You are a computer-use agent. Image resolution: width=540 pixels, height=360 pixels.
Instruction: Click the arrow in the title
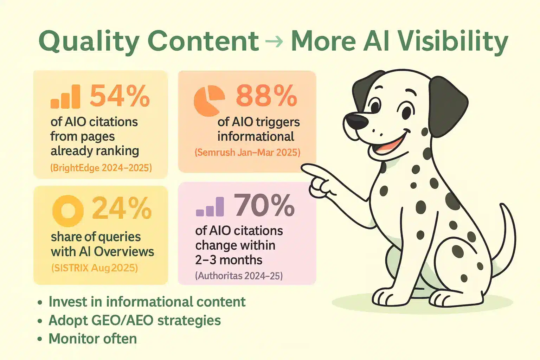(274, 41)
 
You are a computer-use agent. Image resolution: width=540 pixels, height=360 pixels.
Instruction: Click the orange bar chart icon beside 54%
(65, 96)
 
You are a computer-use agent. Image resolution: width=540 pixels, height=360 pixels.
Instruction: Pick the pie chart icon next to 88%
(209, 100)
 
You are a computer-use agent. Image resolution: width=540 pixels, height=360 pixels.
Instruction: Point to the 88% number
(266, 96)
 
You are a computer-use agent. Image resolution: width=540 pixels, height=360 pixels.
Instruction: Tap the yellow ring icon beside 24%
(68, 211)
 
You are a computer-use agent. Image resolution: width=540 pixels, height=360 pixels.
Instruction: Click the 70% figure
(264, 206)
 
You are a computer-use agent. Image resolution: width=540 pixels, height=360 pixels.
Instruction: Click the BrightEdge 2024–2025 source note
(101, 168)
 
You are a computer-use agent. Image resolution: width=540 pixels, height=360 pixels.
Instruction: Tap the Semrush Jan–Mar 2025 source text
(247, 153)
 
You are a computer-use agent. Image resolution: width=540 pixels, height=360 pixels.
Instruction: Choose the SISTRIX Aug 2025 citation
(95, 268)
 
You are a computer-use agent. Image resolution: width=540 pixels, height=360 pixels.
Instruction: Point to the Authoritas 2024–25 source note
(239, 276)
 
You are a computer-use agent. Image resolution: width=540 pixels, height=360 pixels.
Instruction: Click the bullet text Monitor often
(92, 339)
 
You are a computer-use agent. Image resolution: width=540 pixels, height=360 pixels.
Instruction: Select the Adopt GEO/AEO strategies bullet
(135, 320)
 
